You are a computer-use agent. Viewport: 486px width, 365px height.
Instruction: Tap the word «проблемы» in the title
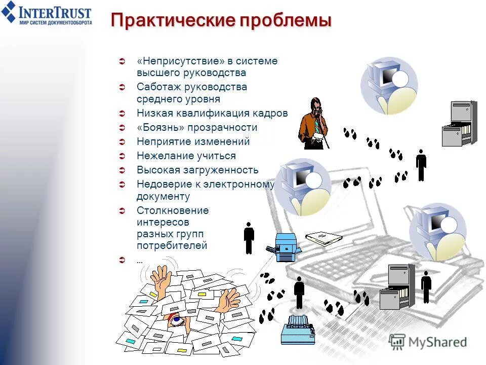[286, 21]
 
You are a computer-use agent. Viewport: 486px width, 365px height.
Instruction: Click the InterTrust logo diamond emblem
[9, 12]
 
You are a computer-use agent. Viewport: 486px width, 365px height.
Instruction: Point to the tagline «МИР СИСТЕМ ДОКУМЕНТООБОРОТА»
[55, 23]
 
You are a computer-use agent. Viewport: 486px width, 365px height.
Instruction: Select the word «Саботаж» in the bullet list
[159, 87]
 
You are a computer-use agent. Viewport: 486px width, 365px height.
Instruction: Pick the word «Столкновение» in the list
[172, 210]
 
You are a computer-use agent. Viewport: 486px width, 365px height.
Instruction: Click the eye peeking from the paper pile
[176, 320]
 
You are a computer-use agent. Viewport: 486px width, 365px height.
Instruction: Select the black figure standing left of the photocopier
[249, 237]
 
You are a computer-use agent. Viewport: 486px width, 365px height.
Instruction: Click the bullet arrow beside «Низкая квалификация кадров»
[121, 114]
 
